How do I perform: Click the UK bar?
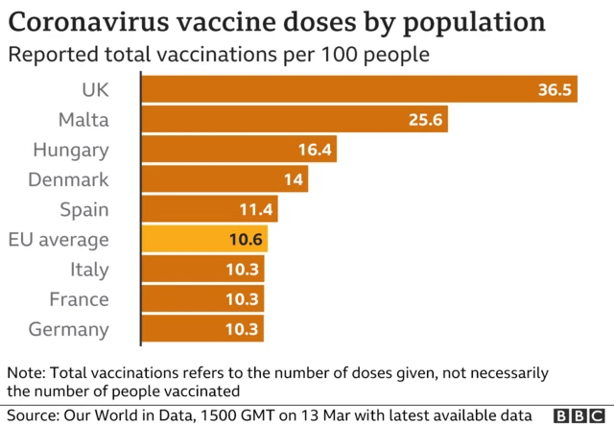(x=360, y=89)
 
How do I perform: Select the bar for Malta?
(x=295, y=119)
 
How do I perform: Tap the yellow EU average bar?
(x=204, y=239)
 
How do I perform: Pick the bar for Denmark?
(x=224, y=179)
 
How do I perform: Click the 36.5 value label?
(x=555, y=89)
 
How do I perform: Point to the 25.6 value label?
(x=425, y=120)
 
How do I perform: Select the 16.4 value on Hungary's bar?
(x=315, y=150)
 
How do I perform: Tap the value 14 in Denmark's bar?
(x=294, y=179)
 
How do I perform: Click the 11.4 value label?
(x=256, y=209)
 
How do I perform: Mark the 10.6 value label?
(x=246, y=239)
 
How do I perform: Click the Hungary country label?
(x=71, y=151)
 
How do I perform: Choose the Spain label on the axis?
(x=84, y=210)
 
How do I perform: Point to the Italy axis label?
(x=89, y=270)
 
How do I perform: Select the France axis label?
(x=79, y=299)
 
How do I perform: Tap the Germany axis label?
(x=68, y=330)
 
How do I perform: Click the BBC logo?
(x=579, y=416)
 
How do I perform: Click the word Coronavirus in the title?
(x=89, y=22)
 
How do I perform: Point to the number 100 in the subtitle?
(x=339, y=54)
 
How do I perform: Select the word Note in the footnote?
(x=27, y=372)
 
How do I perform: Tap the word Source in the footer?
(x=34, y=415)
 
